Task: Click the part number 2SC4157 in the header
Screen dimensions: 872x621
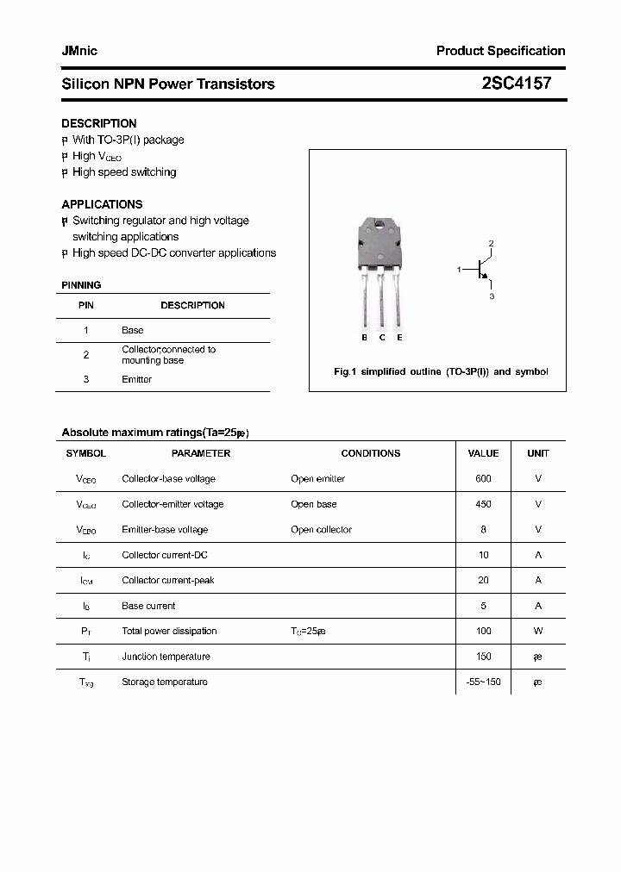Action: (517, 84)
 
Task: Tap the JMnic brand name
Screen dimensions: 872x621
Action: (79, 51)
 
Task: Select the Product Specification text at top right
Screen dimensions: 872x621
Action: (500, 51)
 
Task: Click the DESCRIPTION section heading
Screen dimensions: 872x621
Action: (98, 123)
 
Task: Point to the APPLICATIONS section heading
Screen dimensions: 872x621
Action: (102, 204)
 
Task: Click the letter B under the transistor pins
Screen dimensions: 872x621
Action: (365, 338)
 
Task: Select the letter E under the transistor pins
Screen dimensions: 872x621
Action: (399, 338)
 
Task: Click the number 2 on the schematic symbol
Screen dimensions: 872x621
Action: (491, 244)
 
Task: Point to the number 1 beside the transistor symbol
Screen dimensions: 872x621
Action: (460, 270)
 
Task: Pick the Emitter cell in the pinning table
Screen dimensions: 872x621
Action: (136, 379)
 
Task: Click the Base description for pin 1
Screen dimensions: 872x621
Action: (132, 330)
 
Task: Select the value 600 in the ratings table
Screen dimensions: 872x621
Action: (483, 478)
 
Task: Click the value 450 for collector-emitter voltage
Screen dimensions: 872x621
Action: (483, 504)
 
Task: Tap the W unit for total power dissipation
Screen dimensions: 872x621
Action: (538, 631)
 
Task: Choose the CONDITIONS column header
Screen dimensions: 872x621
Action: (371, 453)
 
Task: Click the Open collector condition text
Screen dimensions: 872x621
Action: (321, 529)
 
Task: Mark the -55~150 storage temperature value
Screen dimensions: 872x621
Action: (483, 682)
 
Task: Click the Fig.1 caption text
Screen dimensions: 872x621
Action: (441, 372)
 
